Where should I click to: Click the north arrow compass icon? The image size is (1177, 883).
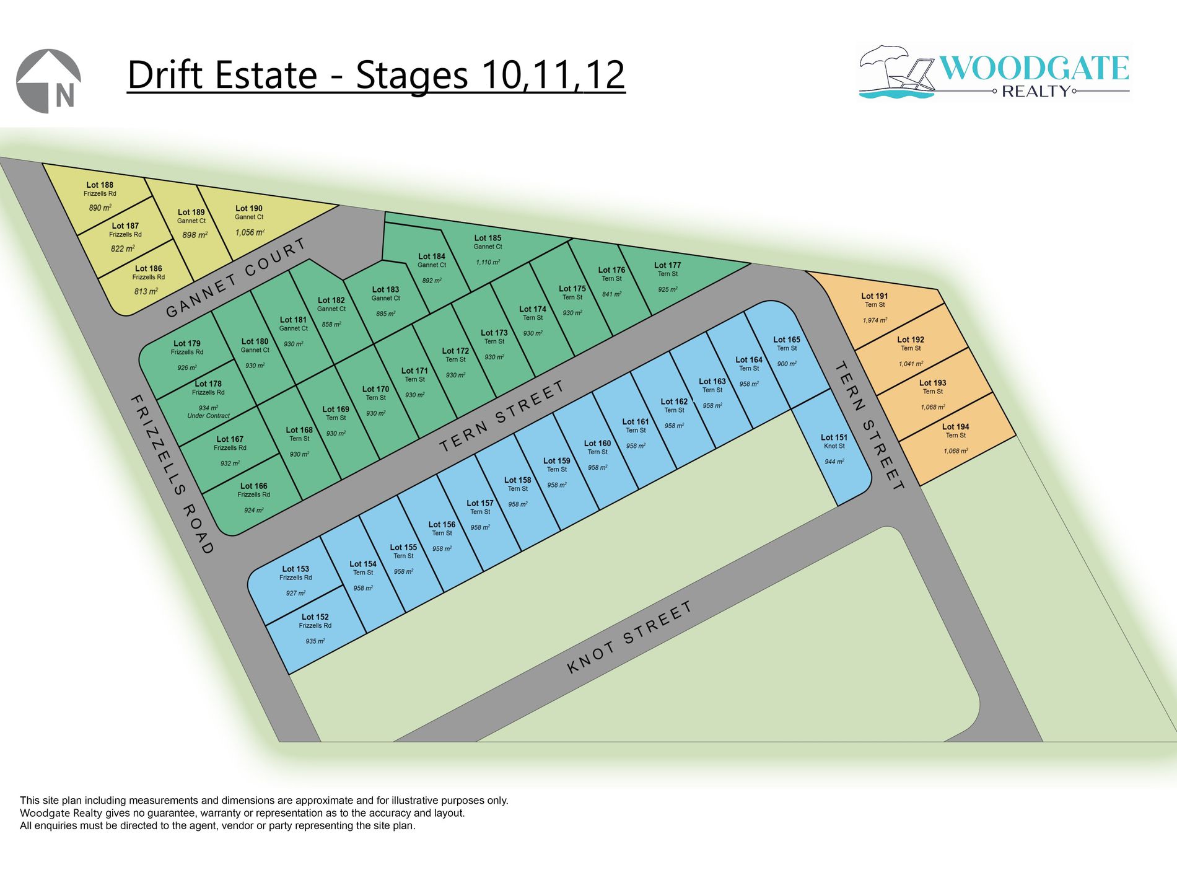click(48, 81)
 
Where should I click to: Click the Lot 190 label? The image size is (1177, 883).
click(249, 209)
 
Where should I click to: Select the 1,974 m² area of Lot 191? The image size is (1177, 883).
click(875, 320)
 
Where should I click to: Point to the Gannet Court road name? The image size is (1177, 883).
click(236, 278)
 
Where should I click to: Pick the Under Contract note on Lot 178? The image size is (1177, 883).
click(208, 416)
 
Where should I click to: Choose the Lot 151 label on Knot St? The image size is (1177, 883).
click(834, 437)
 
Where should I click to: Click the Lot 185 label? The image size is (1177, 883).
click(488, 238)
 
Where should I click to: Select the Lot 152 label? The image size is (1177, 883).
click(315, 617)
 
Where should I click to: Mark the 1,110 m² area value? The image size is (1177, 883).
click(488, 262)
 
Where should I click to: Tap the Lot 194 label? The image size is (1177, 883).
click(955, 427)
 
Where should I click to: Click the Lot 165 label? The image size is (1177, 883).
click(787, 340)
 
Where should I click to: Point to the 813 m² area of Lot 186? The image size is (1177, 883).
click(146, 291)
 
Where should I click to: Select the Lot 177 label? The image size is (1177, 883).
click(667, 265)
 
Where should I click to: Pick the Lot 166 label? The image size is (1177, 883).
click(253, 486)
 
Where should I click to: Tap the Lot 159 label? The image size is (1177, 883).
click(556, 461)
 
